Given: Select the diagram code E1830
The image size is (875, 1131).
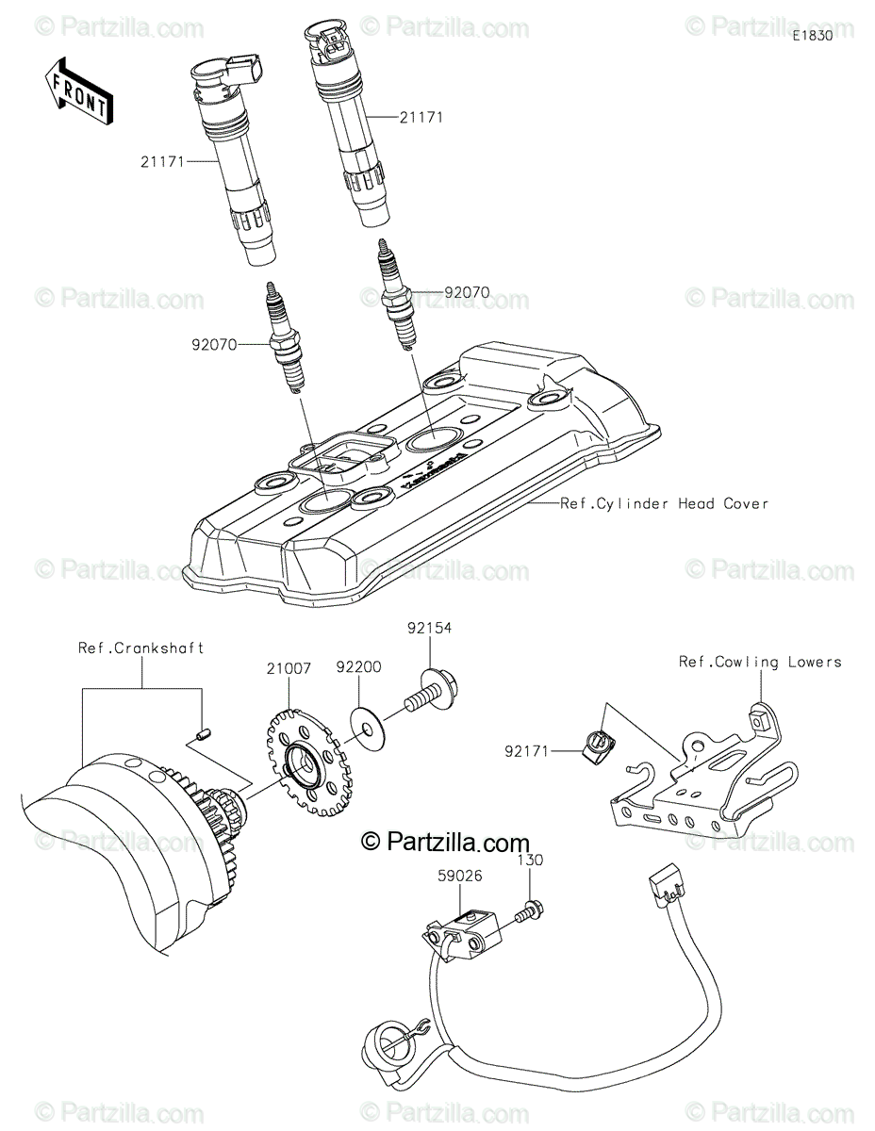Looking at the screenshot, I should click(812, 36).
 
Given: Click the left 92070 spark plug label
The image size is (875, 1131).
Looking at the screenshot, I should click(215, 346).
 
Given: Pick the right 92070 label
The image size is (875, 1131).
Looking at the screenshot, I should click(467, 292).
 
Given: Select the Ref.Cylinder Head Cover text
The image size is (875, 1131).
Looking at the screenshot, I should click(665, 503).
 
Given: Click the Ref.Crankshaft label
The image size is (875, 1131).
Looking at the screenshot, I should click(140, 648).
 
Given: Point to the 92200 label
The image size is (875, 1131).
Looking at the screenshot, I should click(358, 667).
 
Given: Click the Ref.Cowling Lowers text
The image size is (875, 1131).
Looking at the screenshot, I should click(760, 662).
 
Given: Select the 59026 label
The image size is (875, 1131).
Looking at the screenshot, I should click(459, 876).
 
